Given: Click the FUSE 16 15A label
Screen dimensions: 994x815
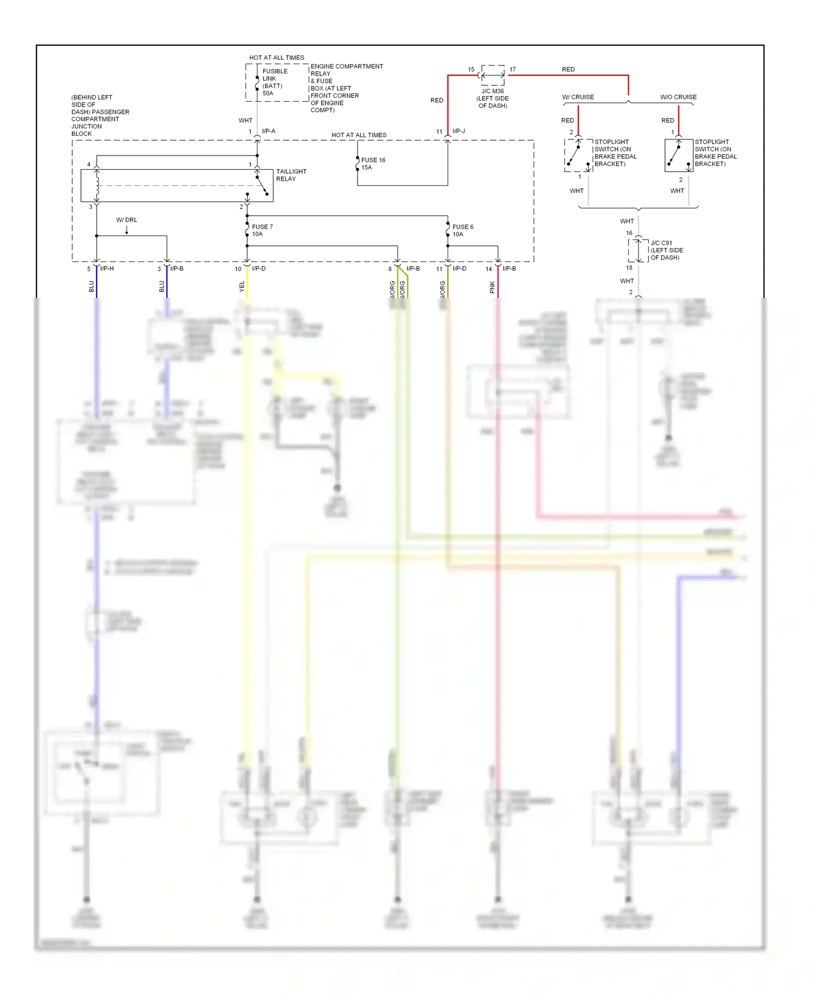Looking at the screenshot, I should coord(373,164).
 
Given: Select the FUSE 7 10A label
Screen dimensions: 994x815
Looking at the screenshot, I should coord(262,231).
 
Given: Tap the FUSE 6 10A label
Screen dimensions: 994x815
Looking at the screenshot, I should coord(462,231).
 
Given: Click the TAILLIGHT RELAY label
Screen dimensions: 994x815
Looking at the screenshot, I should coord(291,175).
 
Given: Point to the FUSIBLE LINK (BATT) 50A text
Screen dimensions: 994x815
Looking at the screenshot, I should coord(274,82).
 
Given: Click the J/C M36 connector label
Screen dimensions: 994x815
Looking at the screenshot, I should coord(492,98).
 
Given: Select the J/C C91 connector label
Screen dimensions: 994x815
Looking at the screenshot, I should coord(666,250).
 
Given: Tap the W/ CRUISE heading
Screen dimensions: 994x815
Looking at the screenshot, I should coord(578,97).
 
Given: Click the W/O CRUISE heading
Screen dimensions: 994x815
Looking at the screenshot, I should coord(678,97).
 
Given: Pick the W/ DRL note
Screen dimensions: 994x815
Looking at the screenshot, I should coord(127,220).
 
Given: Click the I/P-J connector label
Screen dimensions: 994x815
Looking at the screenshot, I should coord(459,131).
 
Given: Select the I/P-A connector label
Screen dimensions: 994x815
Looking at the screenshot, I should coord(268,131).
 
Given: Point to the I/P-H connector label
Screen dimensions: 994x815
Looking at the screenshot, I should coord(106,269).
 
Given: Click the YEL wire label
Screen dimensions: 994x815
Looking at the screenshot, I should coord(242,287).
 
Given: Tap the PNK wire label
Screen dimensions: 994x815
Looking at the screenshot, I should coord(492,287).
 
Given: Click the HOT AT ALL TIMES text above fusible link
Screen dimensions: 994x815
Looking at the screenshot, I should coord(277,58).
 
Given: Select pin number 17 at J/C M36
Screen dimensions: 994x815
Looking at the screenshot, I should coord(512,70).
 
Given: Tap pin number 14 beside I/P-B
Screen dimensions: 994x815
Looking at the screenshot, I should coord(488,269).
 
